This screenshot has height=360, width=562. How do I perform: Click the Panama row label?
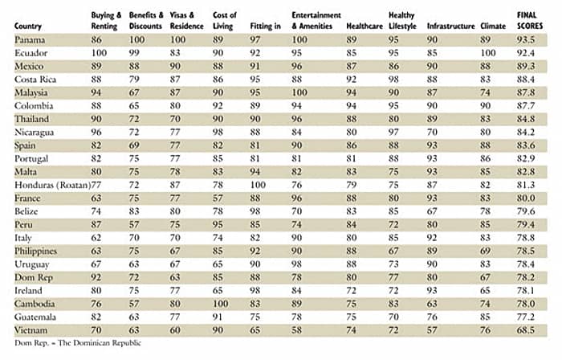30,40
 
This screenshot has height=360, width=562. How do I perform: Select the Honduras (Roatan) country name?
52,185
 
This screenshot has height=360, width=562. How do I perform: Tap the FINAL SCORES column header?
530,20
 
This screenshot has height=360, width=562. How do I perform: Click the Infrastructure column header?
450,27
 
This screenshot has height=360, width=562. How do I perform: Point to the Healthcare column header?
364,27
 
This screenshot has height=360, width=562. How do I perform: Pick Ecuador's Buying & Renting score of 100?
99,53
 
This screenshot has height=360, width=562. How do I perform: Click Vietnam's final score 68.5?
526,330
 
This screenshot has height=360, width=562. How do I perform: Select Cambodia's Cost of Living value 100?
220,304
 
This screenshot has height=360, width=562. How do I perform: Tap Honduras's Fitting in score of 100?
258,185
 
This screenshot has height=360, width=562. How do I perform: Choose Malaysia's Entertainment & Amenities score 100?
299,92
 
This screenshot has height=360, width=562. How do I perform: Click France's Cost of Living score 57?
218,198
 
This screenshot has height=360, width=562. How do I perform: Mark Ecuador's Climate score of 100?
488,53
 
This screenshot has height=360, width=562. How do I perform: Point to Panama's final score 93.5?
526,40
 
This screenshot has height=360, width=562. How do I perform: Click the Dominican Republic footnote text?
78,343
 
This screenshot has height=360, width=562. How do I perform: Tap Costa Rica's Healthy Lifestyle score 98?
393,80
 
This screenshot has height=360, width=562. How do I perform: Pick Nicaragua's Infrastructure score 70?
432,133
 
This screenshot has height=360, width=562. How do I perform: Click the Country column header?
28,27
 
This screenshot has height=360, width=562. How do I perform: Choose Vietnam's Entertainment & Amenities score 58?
297,330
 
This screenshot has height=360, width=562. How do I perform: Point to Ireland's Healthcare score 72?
352,290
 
